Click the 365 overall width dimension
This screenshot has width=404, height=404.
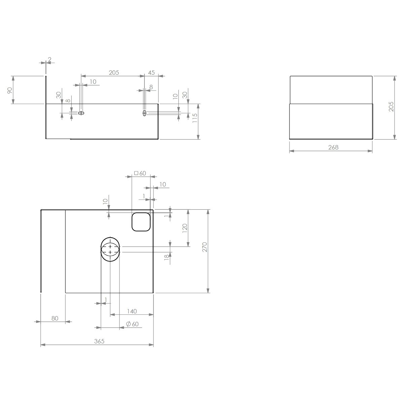pyautogui.click(x=99, y=341)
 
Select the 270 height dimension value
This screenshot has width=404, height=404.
pyautogui.click(x=204, y=247)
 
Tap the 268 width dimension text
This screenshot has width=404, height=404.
pyautogui.click(x=333, y=147)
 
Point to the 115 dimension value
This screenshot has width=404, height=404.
pyautogui.click(x=195, y=118)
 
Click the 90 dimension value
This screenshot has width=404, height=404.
pyautogui.click(x=10, y=90)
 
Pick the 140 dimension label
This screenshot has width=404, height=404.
pyautogui.click(x=132, y=311)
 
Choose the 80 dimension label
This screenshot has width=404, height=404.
pyautogui.click(x=55, y=318)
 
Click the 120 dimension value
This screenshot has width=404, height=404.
pyautogui.click(x=185, y=228)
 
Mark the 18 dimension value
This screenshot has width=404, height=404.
pyautogui.click(x=166, y=257)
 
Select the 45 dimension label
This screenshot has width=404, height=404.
pyautogui.click(x=151, y=72)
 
